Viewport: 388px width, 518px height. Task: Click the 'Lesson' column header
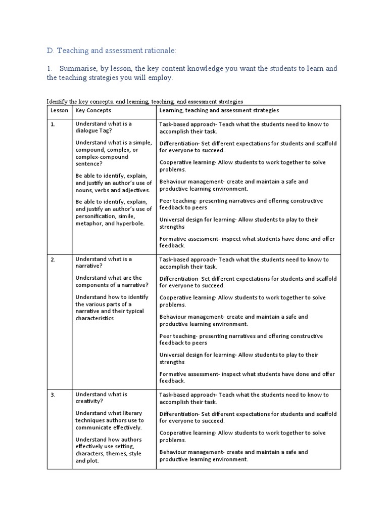tap(59, 110)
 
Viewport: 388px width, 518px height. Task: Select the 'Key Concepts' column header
tap(93, 110)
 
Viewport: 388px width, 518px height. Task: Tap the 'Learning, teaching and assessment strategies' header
tap(219, 110)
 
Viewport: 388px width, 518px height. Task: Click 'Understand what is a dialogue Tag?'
tap(104, 127)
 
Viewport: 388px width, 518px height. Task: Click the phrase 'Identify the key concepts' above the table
tap(80, 102)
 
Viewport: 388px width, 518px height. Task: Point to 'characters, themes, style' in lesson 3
tap(108, 454)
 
